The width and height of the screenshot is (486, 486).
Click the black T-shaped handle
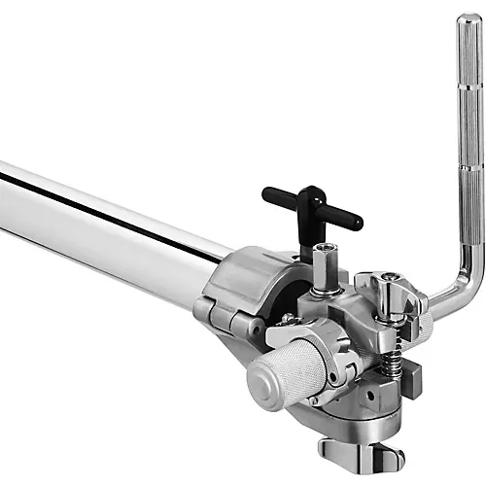coord(311,207)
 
